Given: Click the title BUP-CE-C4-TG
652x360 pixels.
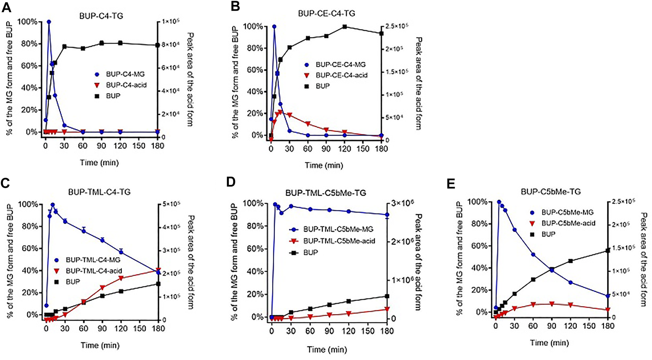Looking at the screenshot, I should [x=326, y=14].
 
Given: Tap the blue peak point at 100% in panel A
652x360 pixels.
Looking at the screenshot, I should [x=49, y=22].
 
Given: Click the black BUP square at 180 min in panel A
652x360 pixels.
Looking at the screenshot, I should [x=157, y=45].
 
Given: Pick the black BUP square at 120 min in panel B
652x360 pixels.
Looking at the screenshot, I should [x=345, y=27].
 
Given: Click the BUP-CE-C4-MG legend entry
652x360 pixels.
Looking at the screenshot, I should [x=341, y=65].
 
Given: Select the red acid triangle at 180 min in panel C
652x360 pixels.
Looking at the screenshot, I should [x=158, y=270].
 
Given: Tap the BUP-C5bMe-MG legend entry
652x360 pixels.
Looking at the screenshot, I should [x=567, y=212].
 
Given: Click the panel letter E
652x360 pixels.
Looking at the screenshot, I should [x=451, y=184].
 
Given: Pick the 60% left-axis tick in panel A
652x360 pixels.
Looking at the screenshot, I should [x=29, y=66].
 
